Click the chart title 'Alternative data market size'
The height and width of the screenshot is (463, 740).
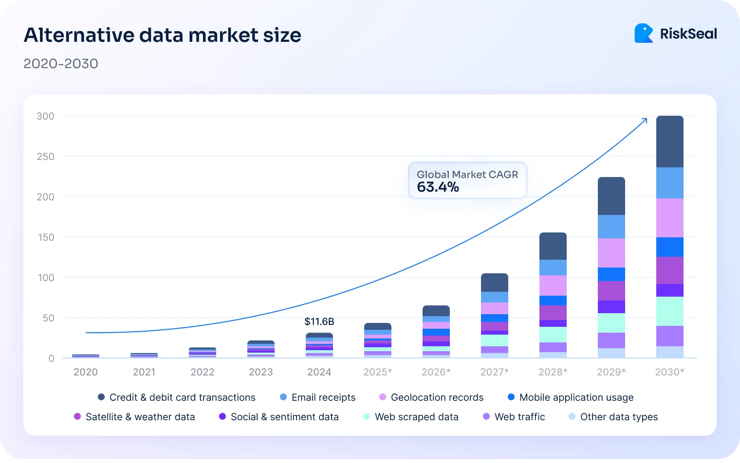click(162, 35)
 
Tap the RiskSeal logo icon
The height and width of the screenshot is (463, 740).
click(643, 33)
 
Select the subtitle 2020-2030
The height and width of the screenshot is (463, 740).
click(61, 64)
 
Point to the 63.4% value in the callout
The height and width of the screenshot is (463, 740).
click(438, 187)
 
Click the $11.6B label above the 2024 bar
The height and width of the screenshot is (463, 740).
click(319, 321)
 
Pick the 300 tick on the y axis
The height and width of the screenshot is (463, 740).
click(45, 116)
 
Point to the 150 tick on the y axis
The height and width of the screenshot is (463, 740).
click(45, 237)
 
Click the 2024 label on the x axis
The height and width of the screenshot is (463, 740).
click(319, 372)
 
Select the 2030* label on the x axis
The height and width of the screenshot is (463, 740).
click(669, 372)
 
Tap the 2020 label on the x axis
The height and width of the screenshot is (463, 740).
click(86, 372)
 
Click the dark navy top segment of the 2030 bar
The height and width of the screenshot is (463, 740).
click(669, 142)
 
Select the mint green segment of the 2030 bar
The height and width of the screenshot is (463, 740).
click(669, 311)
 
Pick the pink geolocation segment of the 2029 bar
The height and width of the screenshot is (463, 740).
click(611, 253)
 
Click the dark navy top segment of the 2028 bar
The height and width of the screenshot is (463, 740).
click(553, 247)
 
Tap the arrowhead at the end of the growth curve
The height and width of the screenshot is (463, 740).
click(645, 120)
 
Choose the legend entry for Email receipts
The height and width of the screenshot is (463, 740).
click(323, 397)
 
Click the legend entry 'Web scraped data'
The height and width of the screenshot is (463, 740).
click(416, 417)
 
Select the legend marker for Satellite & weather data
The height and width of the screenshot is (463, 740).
click(77, 417)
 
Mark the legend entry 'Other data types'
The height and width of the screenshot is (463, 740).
click(618, 417)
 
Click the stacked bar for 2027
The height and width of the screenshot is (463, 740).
click(494, 316)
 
